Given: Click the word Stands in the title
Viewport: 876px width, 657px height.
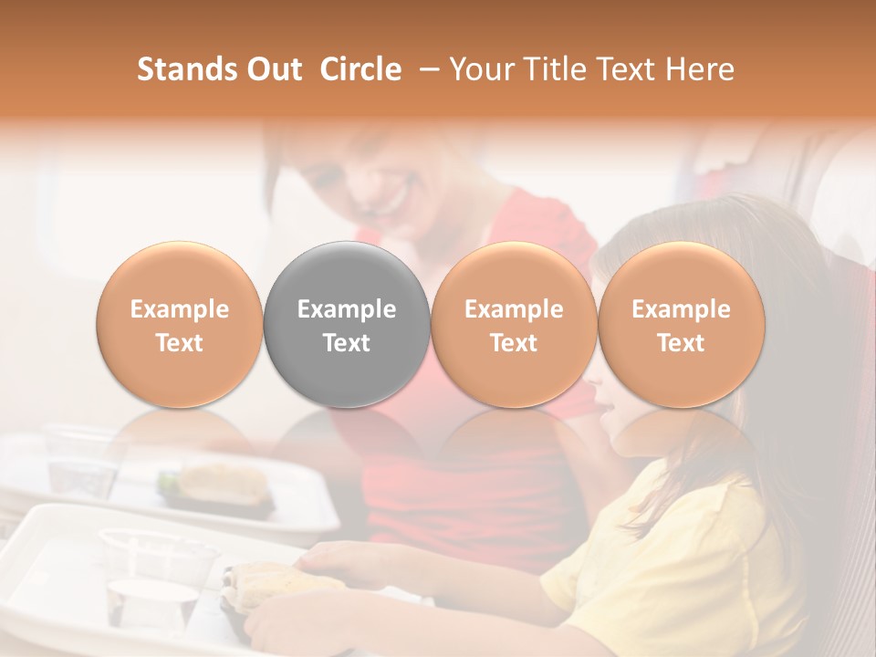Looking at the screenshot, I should [x=186, y=69].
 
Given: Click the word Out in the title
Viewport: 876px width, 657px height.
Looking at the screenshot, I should [x=274, y=69].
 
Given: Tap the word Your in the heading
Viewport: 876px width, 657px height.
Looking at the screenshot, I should [x=481, y=69].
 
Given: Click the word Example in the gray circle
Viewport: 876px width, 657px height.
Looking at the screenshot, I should [x=347, y=309].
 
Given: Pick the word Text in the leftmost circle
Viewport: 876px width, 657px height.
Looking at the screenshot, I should [x=180, y=343].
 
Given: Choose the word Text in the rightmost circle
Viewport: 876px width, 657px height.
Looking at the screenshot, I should [x=681, y=343].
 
